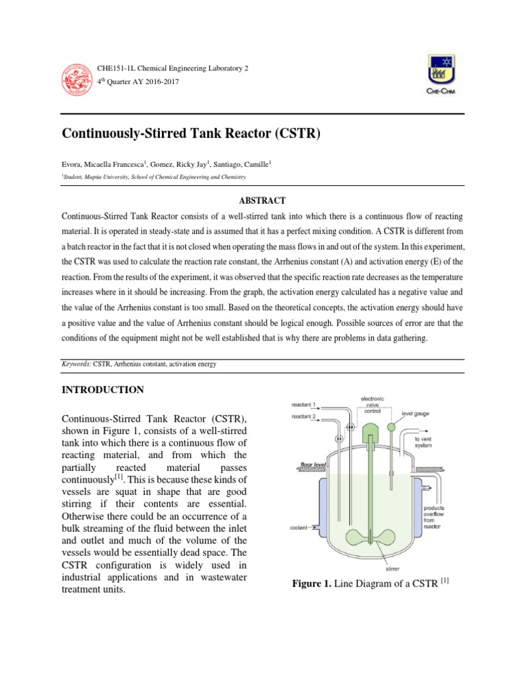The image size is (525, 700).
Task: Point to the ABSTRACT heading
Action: (x=262, y=200)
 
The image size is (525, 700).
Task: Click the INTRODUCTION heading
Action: (x=103, y=390)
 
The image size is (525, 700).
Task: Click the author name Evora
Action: (x=72, y=164)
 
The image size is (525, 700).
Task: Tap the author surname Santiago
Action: (x=232, y=164)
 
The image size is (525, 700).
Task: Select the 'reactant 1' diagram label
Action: (x=304, y=405)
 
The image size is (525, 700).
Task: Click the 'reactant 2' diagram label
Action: (x=304, y=416)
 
